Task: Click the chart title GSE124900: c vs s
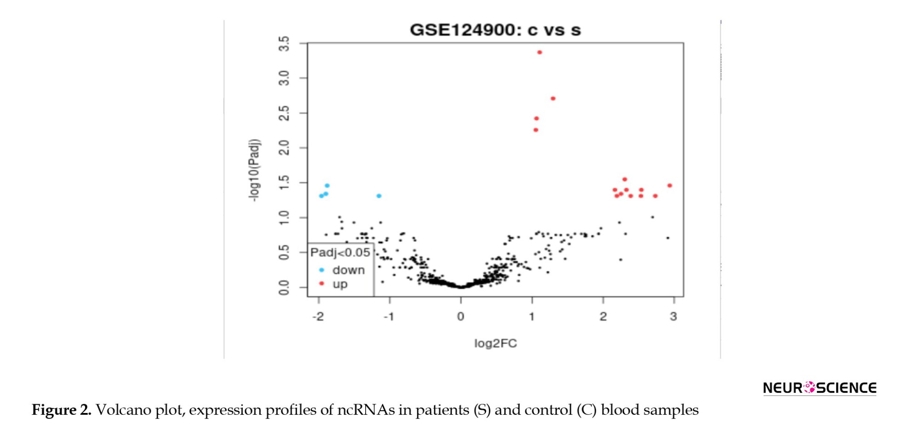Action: pyautogui.click(x=495, y=30)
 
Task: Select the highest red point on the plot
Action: pyautogui.click(x=540, y=52)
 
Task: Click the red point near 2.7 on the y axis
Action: pyautogui.click(x=553, y=99)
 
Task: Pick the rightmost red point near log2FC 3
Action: pyautogui.click(x=670, y=186)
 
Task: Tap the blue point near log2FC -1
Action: pyautogui.click(x=379, y=196)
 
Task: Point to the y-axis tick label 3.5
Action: pyautogui.click(x=284, y=44)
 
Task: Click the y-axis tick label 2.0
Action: pyautogui.click(x=284, y=148)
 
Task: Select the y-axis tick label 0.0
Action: pyautogui.click(x=284, y=288)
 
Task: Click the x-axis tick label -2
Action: pyautogui.click(x=318, y=317)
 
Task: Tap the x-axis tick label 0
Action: pyautogui.click(x=460, y=317)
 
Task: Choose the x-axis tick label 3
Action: pyautogui.click(x=673, y=317)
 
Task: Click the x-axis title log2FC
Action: pyautogui.click(x=495, y=344)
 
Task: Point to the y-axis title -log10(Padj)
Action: pyautogui.click(x=254, y=170)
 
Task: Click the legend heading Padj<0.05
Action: pyautogui.click(x=340, y=252)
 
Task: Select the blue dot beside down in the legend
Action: pyautogui.click(x=322, y=270)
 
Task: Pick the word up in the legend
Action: pyautogui.click(x=340, y=284)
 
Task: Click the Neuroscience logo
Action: pyautogui.click(x=819, y=388)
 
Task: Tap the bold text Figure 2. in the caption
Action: pyautogui.click(x=62, y=410)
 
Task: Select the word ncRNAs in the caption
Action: pyautogui.click(x=366, y=410)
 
